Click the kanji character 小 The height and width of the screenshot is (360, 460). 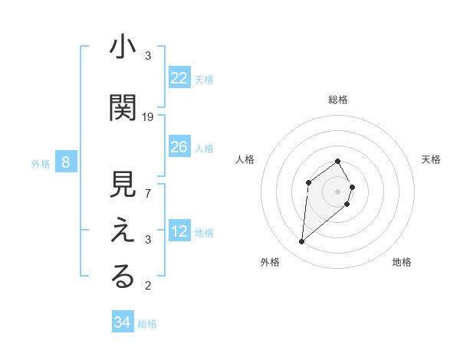coord(123,47)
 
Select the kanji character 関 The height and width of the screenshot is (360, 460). coord(123,107)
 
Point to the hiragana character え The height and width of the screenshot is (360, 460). coord(123,231)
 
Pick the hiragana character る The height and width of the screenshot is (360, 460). coord(123,277)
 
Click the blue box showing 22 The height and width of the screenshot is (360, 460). coord(179,78)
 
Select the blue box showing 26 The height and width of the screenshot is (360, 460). coord(179,148)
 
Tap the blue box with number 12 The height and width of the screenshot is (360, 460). coord(179,232)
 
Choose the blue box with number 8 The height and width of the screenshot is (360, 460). coord(66,162)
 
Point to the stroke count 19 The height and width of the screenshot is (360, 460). coord(148,117)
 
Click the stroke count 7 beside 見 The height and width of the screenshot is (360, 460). coord(148,194)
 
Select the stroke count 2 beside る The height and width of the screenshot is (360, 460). coord(148,286)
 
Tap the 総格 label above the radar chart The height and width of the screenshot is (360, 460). coord(338,100)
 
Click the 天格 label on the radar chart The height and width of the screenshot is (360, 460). coord(432,159)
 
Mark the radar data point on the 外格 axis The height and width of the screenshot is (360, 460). coord(302,242)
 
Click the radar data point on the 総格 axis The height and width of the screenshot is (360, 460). coord(338,161)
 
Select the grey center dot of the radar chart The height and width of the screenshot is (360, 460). coord(338,191)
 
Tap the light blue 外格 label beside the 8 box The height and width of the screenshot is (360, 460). coord(41,163)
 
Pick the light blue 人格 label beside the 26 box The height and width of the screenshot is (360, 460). coord(204,149)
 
